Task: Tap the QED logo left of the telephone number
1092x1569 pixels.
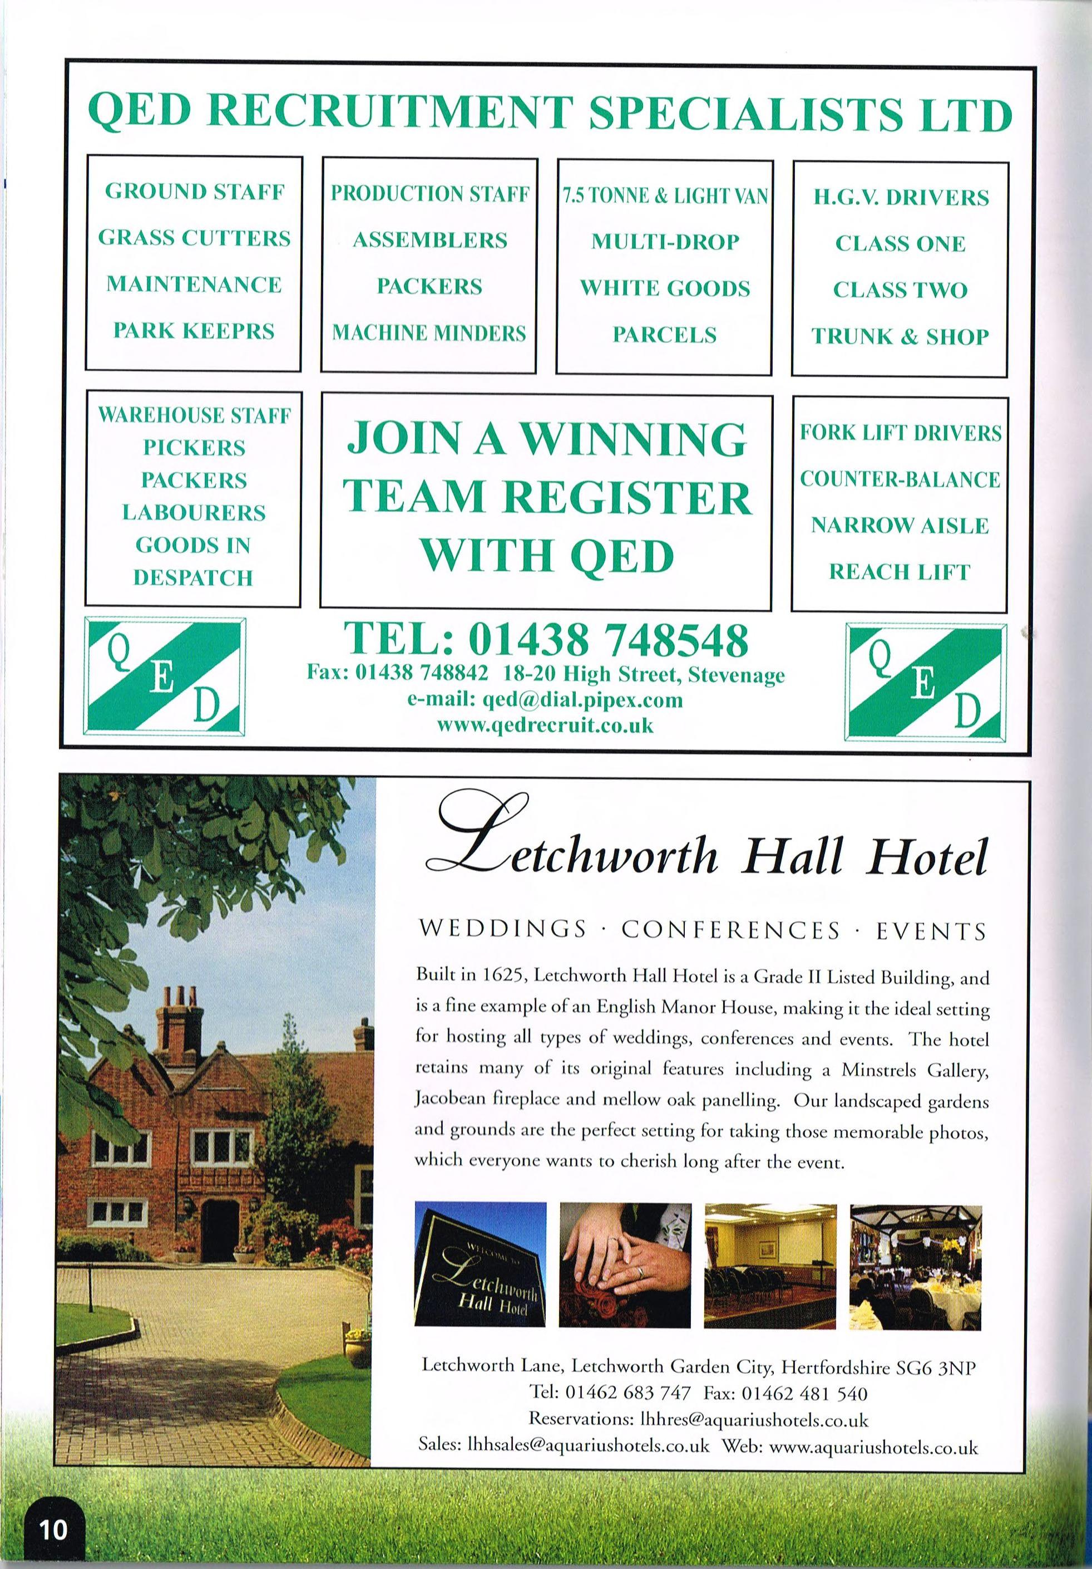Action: (x=164, y=676)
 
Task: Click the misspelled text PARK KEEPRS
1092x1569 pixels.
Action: (x=194, y=331)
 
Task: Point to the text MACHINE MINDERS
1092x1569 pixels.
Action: (x=429, y=333)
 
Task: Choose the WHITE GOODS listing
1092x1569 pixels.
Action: (x=664, y=288)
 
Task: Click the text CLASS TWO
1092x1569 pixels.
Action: (x=900, y=290)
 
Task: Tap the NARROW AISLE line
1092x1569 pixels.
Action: (x=900, y=525)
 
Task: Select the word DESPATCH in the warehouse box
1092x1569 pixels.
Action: (x=193, y=577)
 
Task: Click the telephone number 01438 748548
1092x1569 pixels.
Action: (x=608, y=640)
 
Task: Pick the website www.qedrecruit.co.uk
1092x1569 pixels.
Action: (x=545, y=725)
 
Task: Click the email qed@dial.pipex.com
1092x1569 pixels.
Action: (x=545, y=700)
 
